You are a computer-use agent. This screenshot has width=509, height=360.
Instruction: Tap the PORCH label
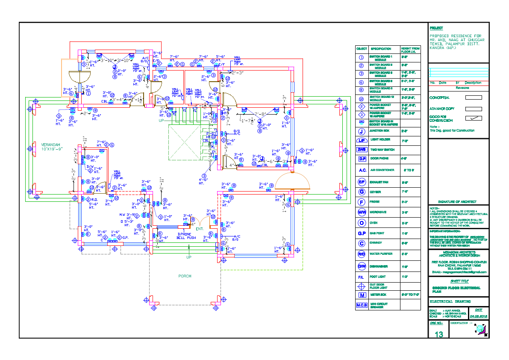point(185,276)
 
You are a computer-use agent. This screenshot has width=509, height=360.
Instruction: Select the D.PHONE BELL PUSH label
point(186,236)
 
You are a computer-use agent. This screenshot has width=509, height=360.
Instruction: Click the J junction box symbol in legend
point(361,131)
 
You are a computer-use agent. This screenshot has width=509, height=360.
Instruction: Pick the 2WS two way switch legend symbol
point(361,150)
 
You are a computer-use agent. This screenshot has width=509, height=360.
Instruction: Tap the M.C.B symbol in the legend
point(361,305)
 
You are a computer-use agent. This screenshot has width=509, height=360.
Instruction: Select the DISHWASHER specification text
point(380,266)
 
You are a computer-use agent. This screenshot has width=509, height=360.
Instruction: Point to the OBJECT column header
point(361,49)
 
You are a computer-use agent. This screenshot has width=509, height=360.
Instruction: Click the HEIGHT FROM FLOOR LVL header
point(410,50)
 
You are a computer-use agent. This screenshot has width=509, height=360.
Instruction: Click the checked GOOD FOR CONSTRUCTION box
point(473,118)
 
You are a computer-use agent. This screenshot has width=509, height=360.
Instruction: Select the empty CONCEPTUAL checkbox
point(473,97)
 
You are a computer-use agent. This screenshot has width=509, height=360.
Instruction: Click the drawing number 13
point(439,334)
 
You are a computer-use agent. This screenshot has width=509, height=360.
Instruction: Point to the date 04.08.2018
point(478,316)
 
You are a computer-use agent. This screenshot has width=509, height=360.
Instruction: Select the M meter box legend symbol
point(361,295)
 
